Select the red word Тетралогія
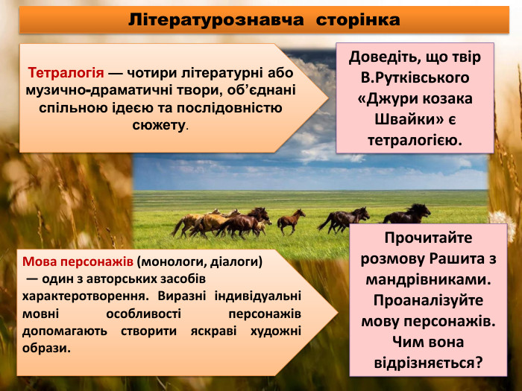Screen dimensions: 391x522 [66, 73]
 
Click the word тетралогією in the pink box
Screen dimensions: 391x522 [415, 140]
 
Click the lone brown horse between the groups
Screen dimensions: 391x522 [292, 220]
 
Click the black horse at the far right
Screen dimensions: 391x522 [408, 214]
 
